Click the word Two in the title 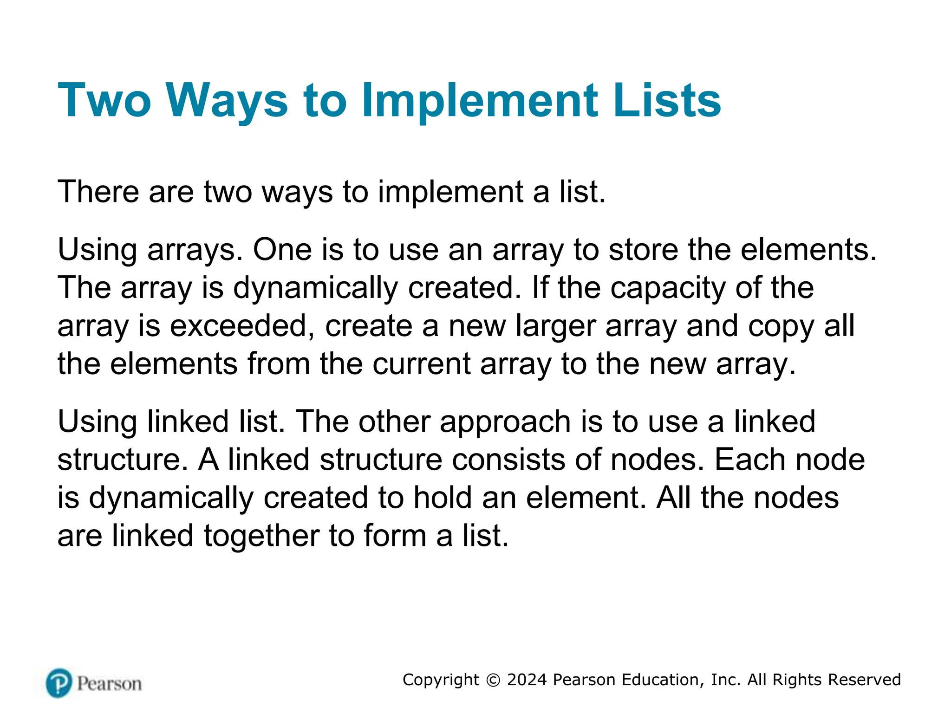coord(104,100)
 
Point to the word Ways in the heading coord(227,100)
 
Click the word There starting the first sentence coord(98,191)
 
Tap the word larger coord(555,326)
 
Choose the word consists coord(508,460)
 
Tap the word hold coord(443,498)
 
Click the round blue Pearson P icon coord(59,683)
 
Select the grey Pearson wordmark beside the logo coord(110,684)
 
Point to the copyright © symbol coord(493,680)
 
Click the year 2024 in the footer coord(527,680)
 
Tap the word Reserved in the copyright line coord(864,680)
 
